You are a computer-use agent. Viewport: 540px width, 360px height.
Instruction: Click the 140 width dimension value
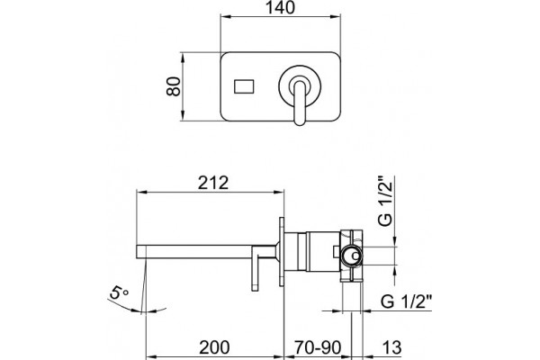click(x=280, y=7)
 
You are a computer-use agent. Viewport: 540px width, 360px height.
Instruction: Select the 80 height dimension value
click(x=173, y=86)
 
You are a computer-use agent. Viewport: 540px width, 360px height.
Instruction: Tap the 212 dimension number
click(x=213, y=183)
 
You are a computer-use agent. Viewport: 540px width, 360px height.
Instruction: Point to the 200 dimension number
click(x=214, y=347)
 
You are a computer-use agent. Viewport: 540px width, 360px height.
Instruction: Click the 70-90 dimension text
click(x=318, y=347)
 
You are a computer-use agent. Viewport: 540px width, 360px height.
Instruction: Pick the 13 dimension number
click(x=391, y=347)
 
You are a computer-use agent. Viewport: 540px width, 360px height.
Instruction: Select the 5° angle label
click(x=118, y=292)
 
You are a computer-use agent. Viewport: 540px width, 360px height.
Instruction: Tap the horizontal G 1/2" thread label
click(x=406, y=302)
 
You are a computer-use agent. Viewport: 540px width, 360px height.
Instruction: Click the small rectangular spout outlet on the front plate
click(x=244, y=86)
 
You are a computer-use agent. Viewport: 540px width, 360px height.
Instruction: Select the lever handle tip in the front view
click(x=300, y=121)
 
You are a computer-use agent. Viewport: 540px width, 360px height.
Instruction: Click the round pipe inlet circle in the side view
click(x=352, y=256)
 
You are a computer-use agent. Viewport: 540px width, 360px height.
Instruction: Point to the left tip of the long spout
click(x=137, y=252)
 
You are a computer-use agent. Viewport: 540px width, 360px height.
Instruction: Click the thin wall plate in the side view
click(x=282, y=252)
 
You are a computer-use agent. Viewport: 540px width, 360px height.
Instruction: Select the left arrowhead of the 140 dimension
click(x=223, y=16)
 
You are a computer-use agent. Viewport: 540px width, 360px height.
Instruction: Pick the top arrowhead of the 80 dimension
click(x=183, y=56)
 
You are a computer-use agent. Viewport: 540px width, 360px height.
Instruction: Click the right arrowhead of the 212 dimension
click(x=281, y=192)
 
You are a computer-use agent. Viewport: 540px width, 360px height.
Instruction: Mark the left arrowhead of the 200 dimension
click(x=149, y=356)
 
